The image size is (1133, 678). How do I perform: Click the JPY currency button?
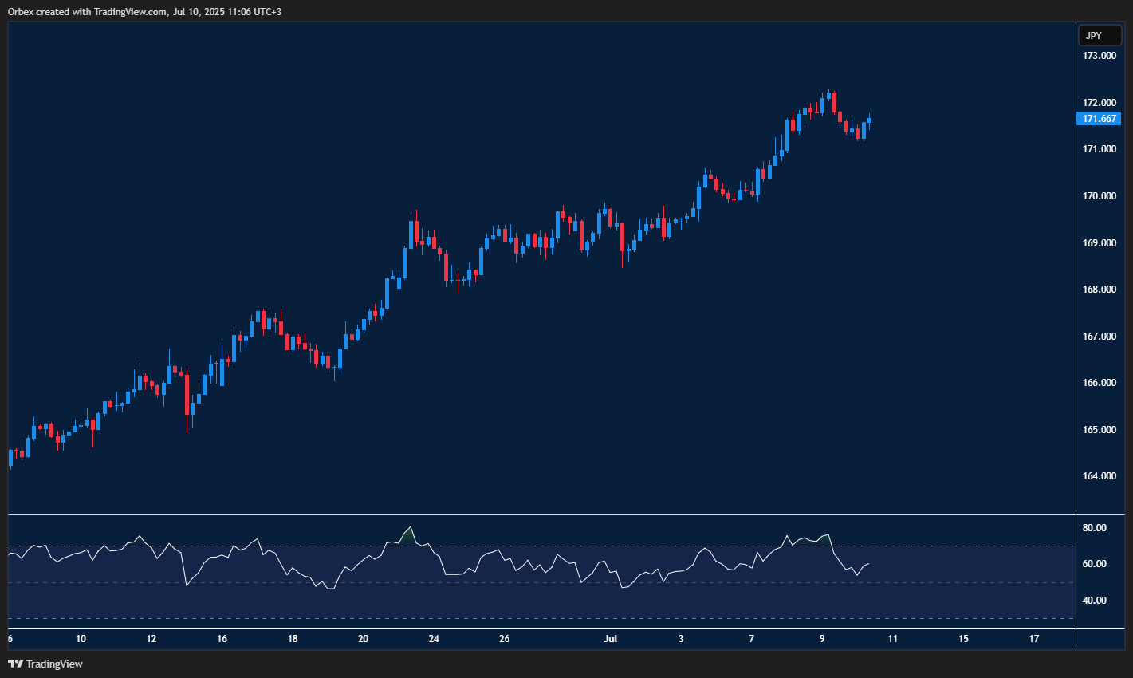point(1100,35)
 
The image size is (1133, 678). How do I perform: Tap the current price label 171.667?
point(1100,119)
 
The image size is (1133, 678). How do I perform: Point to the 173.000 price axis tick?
point(1100,56)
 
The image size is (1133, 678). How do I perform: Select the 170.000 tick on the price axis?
point(1100,196)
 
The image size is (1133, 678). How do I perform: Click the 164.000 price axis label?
point(1100,476)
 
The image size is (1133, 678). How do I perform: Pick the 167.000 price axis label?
point(1100,337)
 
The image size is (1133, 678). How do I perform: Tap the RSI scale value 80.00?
point(1095,528)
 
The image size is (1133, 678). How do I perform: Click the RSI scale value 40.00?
point(1095,601)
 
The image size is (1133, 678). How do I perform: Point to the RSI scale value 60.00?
point(1095,564)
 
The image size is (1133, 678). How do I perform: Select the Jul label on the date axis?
point(611,639)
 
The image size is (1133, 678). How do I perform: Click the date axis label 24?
point(434,639)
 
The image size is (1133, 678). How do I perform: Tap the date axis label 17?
point(1034,639)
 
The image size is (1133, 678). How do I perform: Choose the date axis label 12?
point(151,639)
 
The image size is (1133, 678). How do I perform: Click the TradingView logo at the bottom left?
point(45,664)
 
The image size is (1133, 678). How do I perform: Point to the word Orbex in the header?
point(21,12)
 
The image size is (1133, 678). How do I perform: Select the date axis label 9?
point(822,639)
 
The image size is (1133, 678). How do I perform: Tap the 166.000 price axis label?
point(1100,383)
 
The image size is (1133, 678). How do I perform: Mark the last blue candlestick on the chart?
point(869,120)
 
